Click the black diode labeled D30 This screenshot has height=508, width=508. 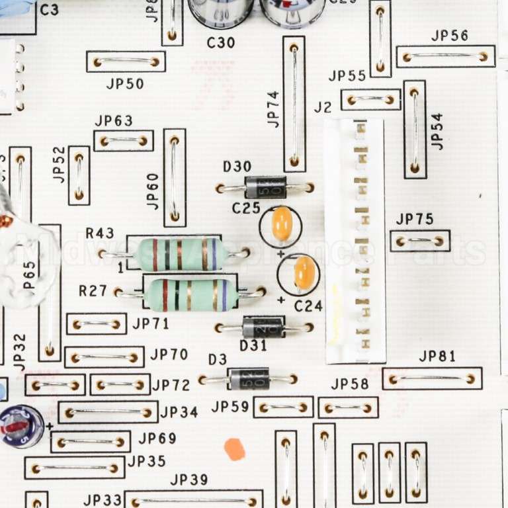(x=265, y=188)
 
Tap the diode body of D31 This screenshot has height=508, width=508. (x=263, y=327)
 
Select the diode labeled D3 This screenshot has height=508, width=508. (x=249, y=379)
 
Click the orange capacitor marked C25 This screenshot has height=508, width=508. (x=282, y=224)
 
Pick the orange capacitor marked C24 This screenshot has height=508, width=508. (x=304, y=273)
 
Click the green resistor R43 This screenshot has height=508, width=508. (x=179, y=254)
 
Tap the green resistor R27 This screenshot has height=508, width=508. (x=190, y=295)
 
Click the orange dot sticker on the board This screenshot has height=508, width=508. (x=234, y=449)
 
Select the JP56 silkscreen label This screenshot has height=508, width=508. (x=450, y=36)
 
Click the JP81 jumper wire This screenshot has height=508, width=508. (x=431, y=379)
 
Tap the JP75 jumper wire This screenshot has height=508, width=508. (x=419, y=241)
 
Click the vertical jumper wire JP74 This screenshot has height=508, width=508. (x=294, y=104)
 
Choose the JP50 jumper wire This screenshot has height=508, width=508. (x=126, y=62)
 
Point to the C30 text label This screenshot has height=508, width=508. (x=220, y=43)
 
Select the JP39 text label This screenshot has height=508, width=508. (x=189, y=480)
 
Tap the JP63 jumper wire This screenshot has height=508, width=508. (x=123, y=141)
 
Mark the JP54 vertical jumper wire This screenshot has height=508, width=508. (x=415, y=130)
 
